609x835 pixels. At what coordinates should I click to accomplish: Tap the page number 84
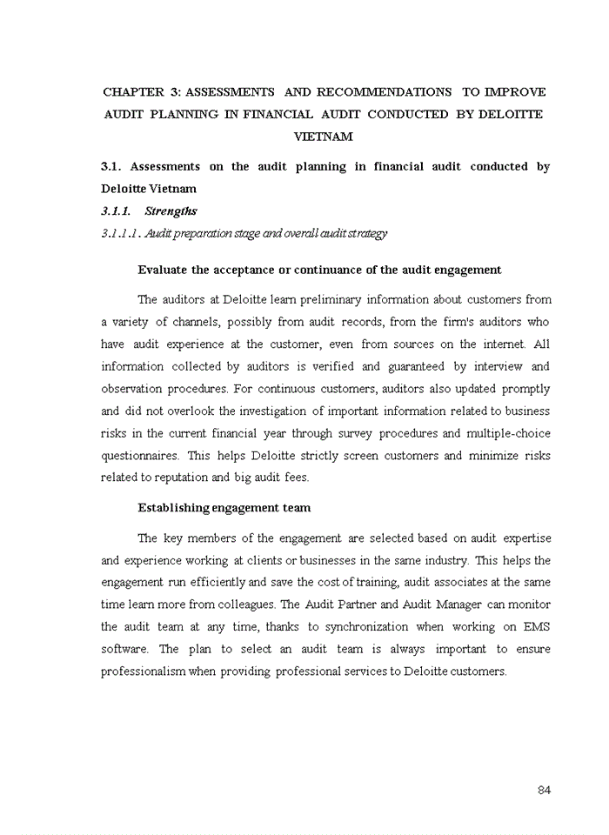pyautogui.click(x=544, y=790)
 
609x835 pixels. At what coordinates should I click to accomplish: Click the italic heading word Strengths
pyautogui.click(x=171, y=210)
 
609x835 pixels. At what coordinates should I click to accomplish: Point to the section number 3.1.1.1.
pyautogui.click(x=121, y=233)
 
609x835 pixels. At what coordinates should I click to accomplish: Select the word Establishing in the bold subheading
pyautogui.click(x=173, y=508)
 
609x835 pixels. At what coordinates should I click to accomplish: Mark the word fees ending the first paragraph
pyautogui.click(x=297, y=478)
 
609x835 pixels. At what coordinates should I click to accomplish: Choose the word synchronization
pyautogui.click(x=366, y=626)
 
